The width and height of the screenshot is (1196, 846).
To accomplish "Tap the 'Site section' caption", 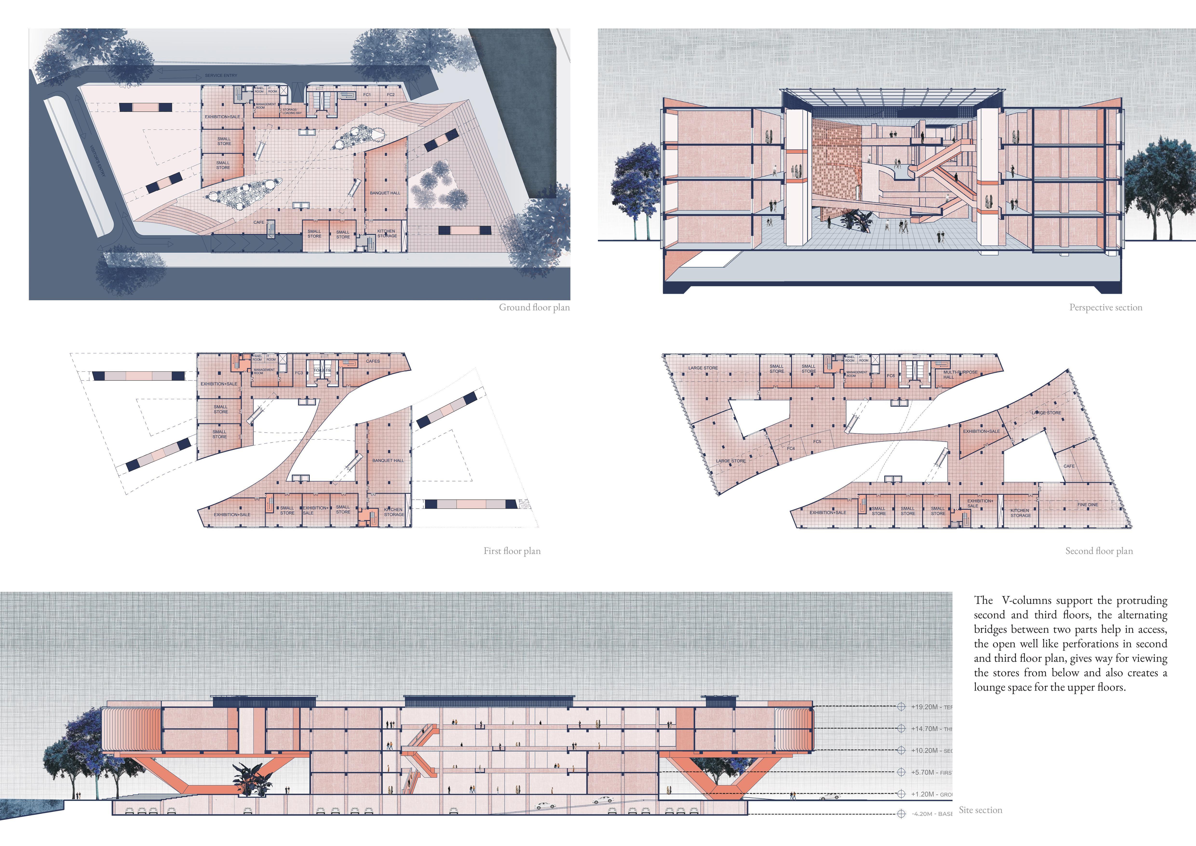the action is (980, 810).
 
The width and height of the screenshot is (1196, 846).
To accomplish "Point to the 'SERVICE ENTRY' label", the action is (221, 75).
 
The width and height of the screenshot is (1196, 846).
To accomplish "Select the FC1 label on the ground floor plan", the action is (367, 95).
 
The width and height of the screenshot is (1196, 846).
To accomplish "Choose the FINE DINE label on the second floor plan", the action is (1088, 505).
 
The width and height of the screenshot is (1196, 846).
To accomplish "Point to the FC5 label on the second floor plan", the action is (817, 442).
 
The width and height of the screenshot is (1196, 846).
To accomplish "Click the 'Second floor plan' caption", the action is (1099, 551).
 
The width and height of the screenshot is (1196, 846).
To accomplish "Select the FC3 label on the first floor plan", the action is (299, 373).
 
